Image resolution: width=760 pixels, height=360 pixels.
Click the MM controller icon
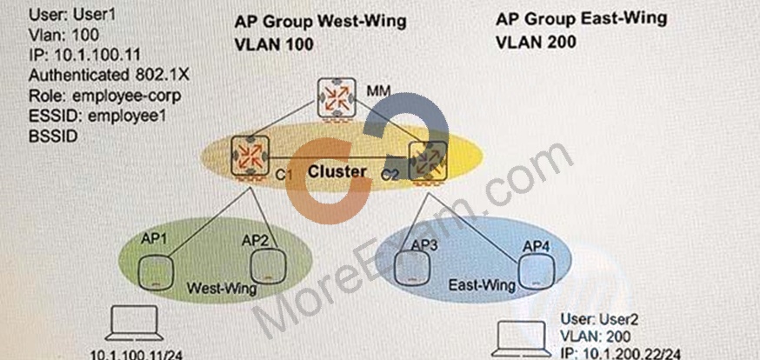[x=337, y=99]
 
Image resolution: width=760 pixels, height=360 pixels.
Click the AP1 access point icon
[x=156, y=273]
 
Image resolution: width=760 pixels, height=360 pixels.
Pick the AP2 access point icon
[x=268, y=267]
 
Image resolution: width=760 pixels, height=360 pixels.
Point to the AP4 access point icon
[x=536, y=272]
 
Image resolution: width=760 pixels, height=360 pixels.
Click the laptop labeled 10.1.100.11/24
[x=134, y=323]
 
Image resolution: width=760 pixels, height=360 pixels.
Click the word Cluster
[x=337, y=171]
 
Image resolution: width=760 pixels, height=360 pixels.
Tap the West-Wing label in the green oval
[x=222, y=289]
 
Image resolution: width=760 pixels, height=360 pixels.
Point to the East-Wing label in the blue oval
[x=482, y=285]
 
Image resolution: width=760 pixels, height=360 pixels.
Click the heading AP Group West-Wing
[x=320, y=22]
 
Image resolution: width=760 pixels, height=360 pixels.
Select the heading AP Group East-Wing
[x=582, y=19]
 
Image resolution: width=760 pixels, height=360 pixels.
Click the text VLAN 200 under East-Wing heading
[x=536, y=42]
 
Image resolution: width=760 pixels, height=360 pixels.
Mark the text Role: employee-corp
[x=104, y=96]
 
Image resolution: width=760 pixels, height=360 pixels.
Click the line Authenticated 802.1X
[x=109, y=75]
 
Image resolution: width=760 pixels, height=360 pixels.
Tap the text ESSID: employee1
[x=97, y=117]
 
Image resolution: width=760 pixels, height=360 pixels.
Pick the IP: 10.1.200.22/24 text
[x=620, y=354]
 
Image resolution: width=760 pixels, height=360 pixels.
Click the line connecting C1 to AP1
[x=210, y=223]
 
